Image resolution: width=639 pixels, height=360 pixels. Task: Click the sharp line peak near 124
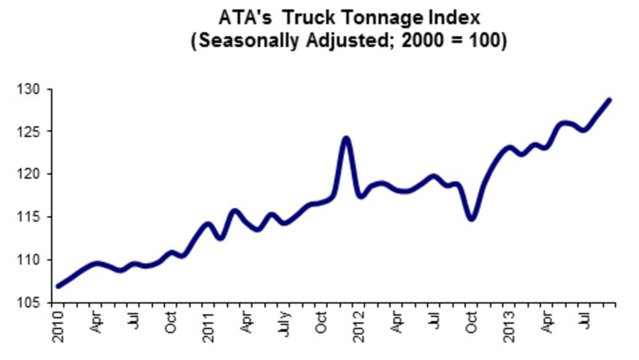pos(346,138)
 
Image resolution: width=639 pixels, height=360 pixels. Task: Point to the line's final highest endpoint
pos(609,100)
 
